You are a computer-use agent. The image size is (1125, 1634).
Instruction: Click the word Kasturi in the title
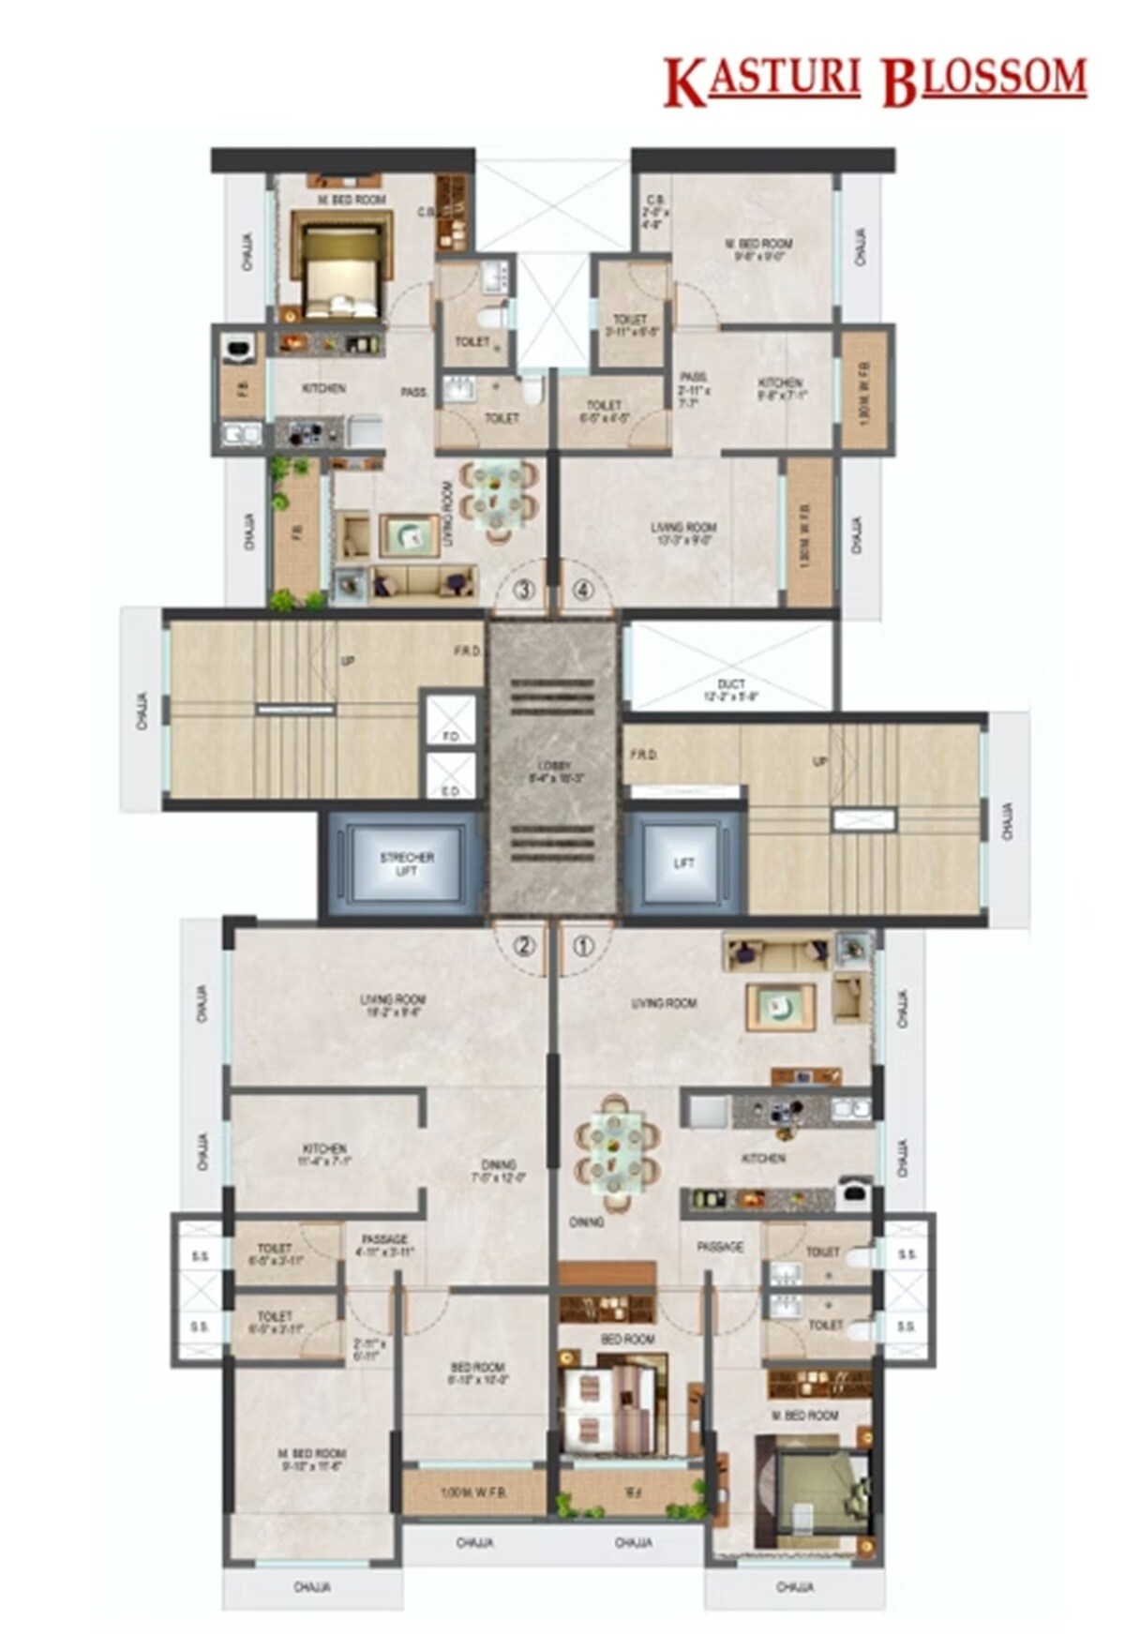point(761,81)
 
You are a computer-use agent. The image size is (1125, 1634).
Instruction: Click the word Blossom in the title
point(983,81)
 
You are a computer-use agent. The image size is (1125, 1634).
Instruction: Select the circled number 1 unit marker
point(583,946)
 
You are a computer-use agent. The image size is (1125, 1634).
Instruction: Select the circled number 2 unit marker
point(524,946)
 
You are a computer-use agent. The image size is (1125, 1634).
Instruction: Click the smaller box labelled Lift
point(683,863)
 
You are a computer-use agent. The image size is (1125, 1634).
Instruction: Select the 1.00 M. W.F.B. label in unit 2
point(474,1492)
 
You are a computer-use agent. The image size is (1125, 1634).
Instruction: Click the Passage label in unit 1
point(720,1248)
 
